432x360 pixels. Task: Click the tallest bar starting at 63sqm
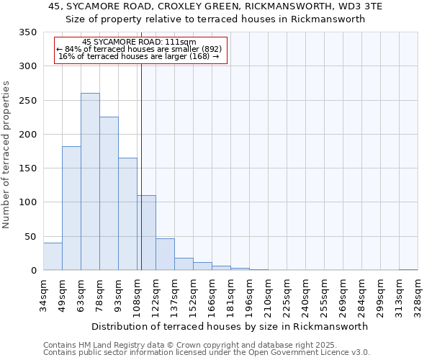coord(90,181)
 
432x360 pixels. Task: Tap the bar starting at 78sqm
coord(109,194)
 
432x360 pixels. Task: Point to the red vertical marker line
coord(141,158)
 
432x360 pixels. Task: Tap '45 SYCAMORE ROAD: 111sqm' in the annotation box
coord(139,42)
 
